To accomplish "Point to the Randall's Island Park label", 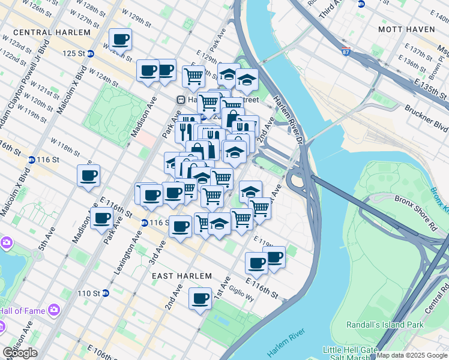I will [384, 325].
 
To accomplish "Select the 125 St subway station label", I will [74, 53].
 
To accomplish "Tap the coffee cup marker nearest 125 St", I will [120, 40].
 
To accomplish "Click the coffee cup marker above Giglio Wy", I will [200, 298].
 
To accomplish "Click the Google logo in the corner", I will [20, 353].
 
